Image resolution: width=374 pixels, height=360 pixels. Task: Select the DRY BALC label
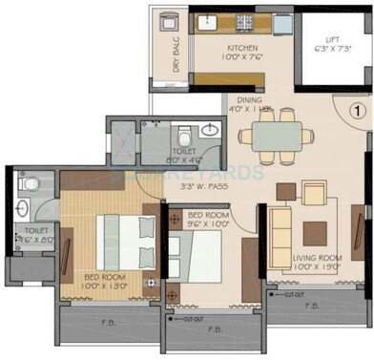point(176,54)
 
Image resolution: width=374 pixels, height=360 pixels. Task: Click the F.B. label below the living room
point(311,307)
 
